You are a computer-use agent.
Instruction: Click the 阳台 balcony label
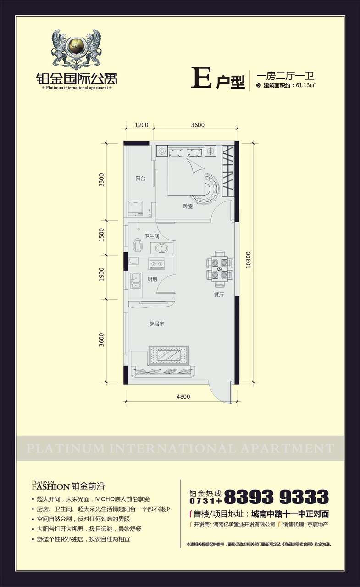click(140, 179)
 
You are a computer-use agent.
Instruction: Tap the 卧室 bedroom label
click(188, 207)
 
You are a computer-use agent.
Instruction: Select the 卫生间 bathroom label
click(152, 236)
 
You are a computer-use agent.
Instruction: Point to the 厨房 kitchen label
click(152, 280)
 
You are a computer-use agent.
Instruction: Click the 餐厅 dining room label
click(219, 295)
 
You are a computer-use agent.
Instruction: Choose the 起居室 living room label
click(157, 324)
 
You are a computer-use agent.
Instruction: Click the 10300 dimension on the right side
click(248, 260)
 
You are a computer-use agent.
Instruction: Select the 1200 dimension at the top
click(141, 125)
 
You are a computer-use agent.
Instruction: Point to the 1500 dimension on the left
click(101, 235)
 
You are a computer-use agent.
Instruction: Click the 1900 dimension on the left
click(101, 274)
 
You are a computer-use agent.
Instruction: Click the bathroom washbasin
click(161, 248)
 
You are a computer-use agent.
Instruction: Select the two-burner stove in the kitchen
click(157, 263)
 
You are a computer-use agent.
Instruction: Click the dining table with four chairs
click(220, 269)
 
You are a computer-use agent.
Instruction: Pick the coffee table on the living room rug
click(169, 355)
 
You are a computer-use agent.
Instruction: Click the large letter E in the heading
click(201, 78)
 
